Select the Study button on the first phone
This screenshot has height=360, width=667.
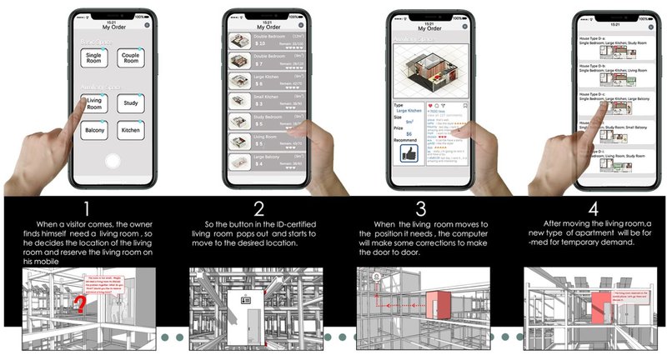click(x=131, y=102)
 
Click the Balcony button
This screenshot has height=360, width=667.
click(x=93, y=130)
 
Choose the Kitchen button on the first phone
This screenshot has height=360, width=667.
click(x=131, y=130)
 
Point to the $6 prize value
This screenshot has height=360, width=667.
click(x=409, y=133)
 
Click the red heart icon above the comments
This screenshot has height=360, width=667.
click(x=430, y=107)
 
